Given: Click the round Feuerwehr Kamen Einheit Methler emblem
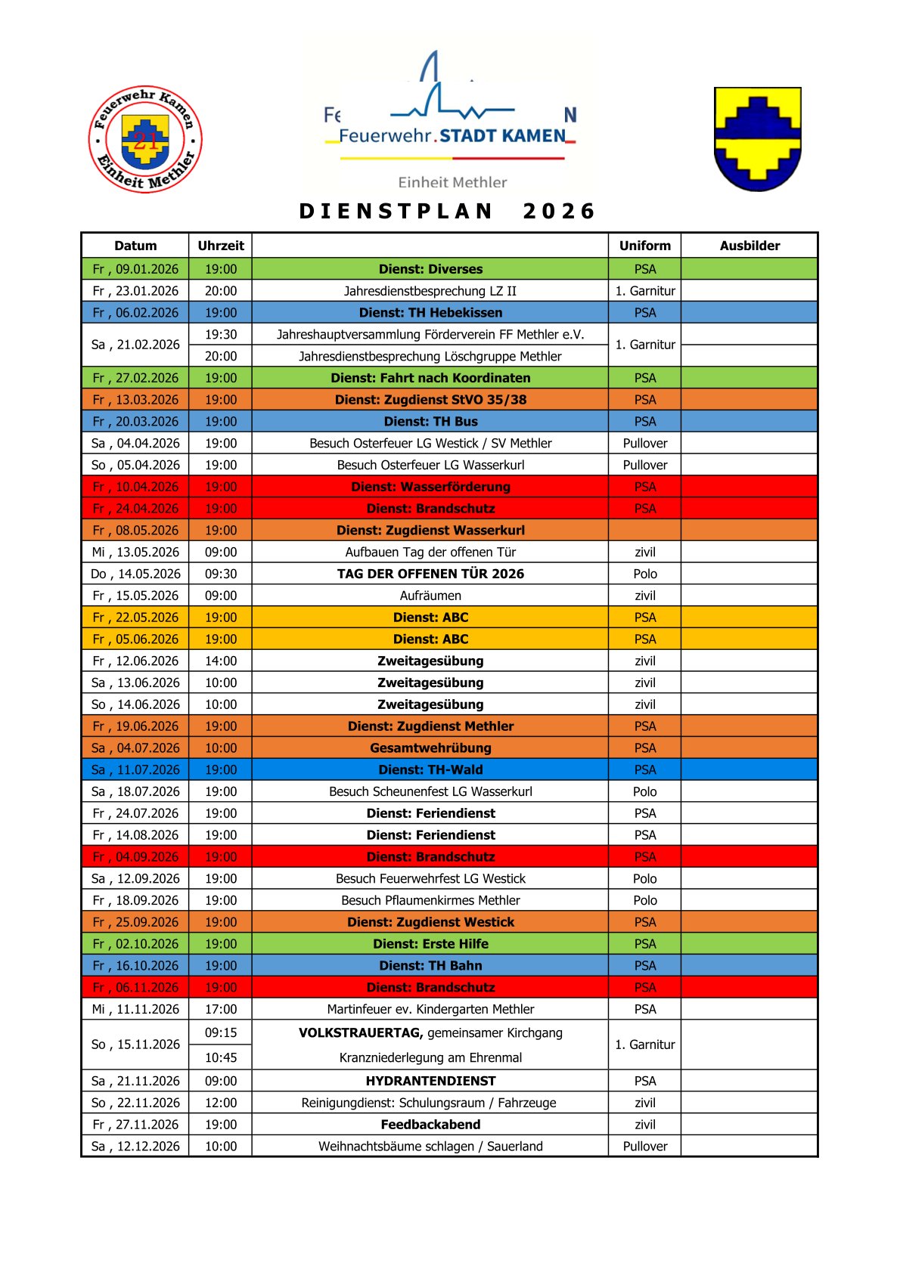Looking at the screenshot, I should (x=145, y=139).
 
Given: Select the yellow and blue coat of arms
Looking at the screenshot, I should (x=757, y=139).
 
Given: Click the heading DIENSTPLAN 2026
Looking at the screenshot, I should (x=448, y=211).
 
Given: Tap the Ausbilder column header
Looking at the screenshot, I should (x=749, y=246).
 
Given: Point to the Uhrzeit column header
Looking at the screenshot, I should (x=221, y=246).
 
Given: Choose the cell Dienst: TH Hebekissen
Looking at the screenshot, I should (x=430, y=312).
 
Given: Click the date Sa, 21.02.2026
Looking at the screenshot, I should (x=135, y=345).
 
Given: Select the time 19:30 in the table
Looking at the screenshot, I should (x=221, y=334).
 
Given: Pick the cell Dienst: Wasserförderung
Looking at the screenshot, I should (x=430, y=487).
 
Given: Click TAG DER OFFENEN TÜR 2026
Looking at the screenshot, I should (x=430, y=574).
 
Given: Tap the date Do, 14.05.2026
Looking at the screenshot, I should (x=135, y=574).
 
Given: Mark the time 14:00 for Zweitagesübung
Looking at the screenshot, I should (x=221, y=661).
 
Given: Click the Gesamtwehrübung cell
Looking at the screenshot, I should (x=430, y=747).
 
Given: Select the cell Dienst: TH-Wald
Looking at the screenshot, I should (x=430, y=769).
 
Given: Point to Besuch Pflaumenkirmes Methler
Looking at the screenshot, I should (x=430, y=900).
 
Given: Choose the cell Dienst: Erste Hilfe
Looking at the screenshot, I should (x=430, y=944).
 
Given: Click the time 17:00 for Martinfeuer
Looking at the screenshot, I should (x=221, y=1009).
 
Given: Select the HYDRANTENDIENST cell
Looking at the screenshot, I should (x=430, y=1081).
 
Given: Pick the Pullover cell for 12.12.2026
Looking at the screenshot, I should (x=645, y=1146).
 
